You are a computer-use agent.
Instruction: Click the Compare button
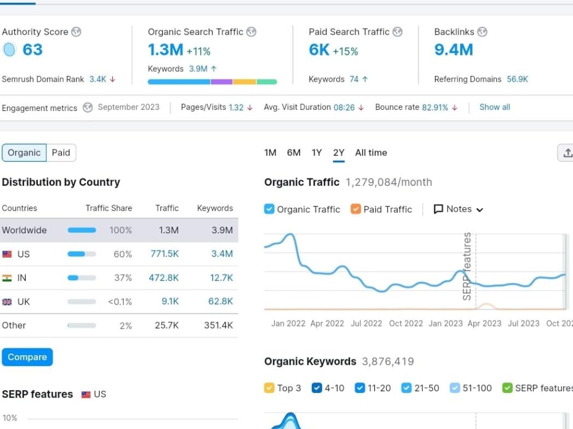(27, 357)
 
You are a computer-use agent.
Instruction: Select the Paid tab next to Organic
(61, 153)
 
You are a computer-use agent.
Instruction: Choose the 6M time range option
(293, 153)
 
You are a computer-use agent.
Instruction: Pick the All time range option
(371, 153)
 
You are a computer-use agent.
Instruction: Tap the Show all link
(494, 108)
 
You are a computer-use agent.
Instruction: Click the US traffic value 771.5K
(164, 254)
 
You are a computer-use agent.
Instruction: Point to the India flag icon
(7, 278)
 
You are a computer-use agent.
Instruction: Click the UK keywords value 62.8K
(221, 301)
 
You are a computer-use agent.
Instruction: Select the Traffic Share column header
(109, 208)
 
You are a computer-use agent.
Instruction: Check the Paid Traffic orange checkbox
(356, 209)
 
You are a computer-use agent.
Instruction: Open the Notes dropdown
(458, 209)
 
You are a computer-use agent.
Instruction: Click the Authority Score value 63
(33, 50)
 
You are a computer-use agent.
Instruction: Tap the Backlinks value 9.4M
(453, 50)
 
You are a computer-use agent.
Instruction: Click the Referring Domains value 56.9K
(517, 79)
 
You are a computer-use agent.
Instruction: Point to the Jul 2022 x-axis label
(366, 324)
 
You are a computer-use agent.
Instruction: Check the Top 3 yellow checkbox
(269, 388)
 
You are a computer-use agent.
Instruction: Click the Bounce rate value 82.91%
(435, 108)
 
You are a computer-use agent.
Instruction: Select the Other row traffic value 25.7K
(167, 325)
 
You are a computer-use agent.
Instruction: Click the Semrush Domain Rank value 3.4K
(97, 79)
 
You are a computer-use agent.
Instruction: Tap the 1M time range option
(270, 153)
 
